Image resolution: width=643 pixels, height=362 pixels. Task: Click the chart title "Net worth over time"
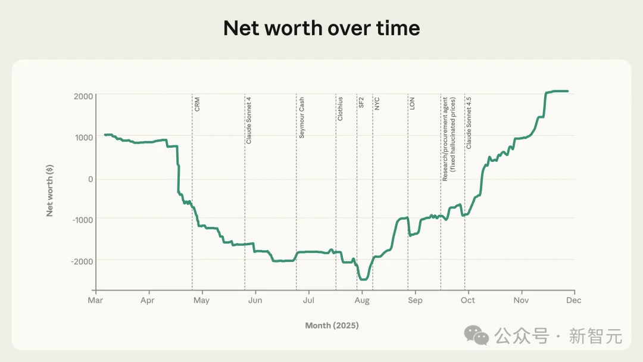pyautogui.click(x=321, y=28)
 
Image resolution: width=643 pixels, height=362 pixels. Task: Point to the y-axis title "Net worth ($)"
pyautogui.click(x=50, y=191)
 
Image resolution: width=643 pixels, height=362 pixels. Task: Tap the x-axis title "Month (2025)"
pyautogui.click(x=332, y=325)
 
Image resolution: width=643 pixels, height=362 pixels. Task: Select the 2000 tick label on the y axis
pyautogui.click(x=83, y=96)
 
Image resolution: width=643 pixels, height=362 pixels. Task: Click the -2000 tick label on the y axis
pyautogui.click(x=82, y=261)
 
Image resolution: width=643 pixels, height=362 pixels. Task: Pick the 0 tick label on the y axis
pyautogui.click(x=90, y=179)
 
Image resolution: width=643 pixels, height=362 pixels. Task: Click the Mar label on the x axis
pyautogui.click(x=95, y=300)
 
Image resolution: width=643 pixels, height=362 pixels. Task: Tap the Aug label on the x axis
pyautogui.click(x=362, y=300)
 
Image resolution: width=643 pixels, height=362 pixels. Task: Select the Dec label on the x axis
pyautogui.click(x=574, y=300)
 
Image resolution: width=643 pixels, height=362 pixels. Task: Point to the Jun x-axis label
pyautogui.click(x=255, y=300)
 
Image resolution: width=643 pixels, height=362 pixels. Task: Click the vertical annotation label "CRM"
pyautogui.click(x=197, y=104)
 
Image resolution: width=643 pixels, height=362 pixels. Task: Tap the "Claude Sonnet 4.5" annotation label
pyautogui.click(x=469, y=123)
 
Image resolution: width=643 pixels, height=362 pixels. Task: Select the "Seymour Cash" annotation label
pyautogui.click(x=301, y=118)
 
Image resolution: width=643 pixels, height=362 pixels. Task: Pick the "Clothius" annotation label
pyautogui.click(x=340, y=109)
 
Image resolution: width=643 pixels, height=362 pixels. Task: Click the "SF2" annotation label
pyautogui.click(x=361, y=102)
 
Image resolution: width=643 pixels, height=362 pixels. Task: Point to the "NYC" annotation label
pyautogui.click(x=377, y=104)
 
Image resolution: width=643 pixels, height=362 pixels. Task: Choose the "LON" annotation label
pyautogui.click(x=412, y=103)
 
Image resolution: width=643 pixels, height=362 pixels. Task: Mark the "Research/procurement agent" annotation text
pyautogui.click(x=445, y=139)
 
